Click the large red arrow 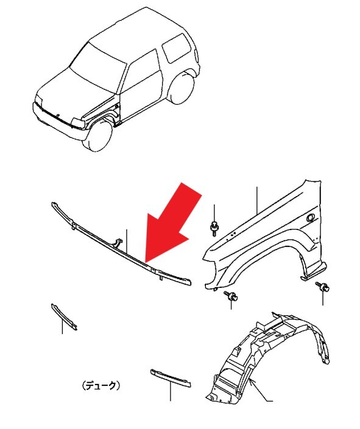(x=172, y=225)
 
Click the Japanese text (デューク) (x=101, y=386)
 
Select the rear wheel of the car (x=182, y=87)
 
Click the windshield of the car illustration (x=98, y=68)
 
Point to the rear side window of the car (x=176, y=47)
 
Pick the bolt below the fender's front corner (x=231, y=296)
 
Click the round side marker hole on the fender (x=310, y=217)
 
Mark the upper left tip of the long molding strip (x=52, y=203)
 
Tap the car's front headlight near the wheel (x=79, y=123)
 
